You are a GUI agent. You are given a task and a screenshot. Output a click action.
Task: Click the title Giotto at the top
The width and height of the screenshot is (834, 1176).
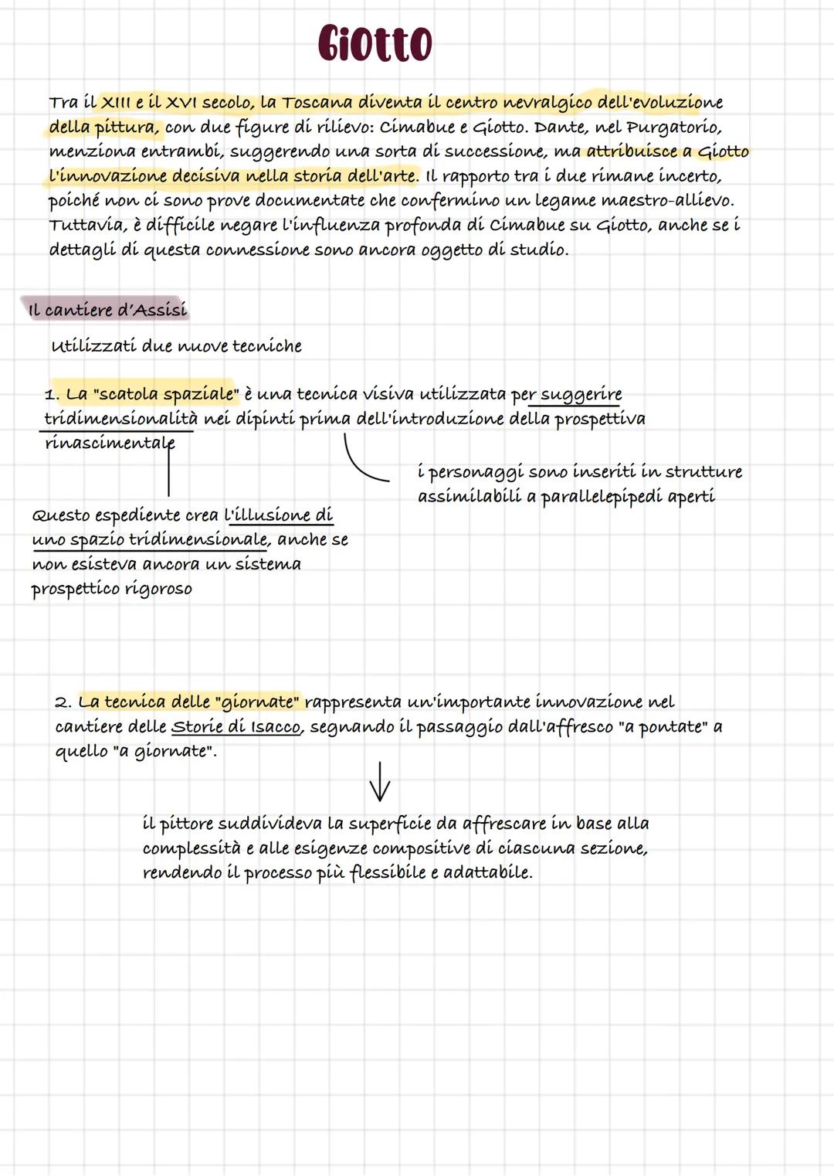pos(375,43)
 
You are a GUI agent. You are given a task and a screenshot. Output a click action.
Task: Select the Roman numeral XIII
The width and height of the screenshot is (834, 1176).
pos(117,103)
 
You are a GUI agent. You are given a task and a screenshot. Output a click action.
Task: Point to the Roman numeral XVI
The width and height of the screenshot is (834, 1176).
pos(181,103)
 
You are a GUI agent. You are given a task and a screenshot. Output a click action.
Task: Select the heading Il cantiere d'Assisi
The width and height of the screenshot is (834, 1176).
pos(107,311)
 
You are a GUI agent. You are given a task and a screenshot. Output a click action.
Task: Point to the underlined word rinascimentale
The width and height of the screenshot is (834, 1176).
pos(110,444)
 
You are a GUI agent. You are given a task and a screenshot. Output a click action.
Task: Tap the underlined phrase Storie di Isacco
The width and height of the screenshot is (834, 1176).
pos(236,727)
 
